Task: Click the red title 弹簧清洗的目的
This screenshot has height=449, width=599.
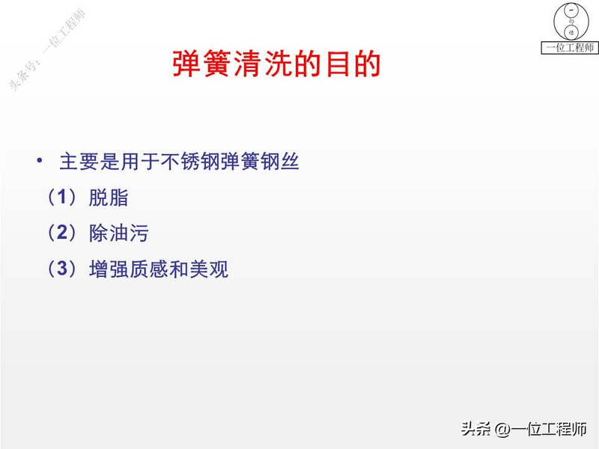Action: (x=276, y=64)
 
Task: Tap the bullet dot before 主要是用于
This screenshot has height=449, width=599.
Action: (x=38, y=162)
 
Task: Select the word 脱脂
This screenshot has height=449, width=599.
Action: (x=109, y=198)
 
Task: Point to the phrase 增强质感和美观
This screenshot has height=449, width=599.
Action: (x=158, y=269)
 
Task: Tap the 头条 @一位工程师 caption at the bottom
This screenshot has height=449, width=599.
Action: (x=523, y=429)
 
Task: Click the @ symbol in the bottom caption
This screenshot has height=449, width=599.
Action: (x=503, y=430)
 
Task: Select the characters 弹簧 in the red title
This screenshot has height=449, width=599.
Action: (x=188, y=64)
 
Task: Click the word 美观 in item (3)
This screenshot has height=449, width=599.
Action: (x=210, y=269)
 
